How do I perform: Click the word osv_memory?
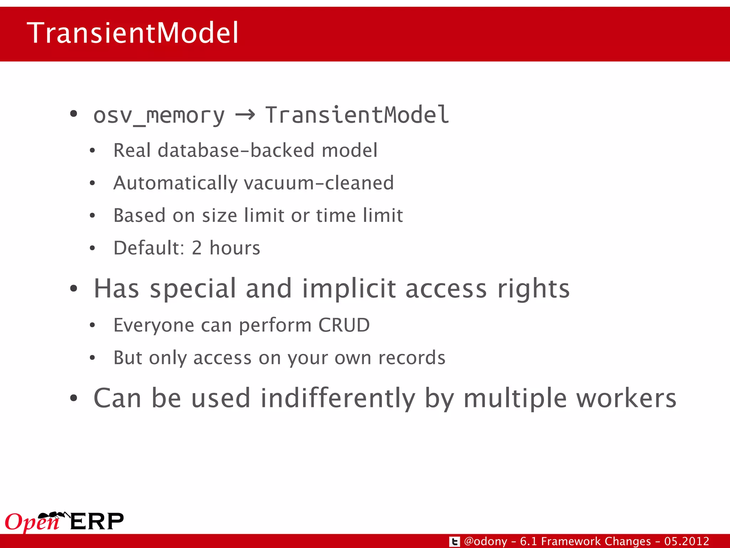(x=159, y=116)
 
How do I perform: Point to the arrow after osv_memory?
(x=245, y=115)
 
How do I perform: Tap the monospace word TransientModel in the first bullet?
(x=357, y=115)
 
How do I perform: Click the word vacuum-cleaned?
(x=319, y=183)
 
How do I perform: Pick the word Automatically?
(x=175, y=183)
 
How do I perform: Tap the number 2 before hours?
(x=197, y=248)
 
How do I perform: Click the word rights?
(x=533, y=289)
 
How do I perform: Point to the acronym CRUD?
(x=344, y=325)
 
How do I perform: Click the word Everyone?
(x=154, y=325)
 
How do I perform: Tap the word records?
(x=412, y=358)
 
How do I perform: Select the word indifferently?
(x=338, y=398)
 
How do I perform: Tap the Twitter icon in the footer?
(x=454, y=542)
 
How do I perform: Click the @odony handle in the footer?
(x=485, y=541)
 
